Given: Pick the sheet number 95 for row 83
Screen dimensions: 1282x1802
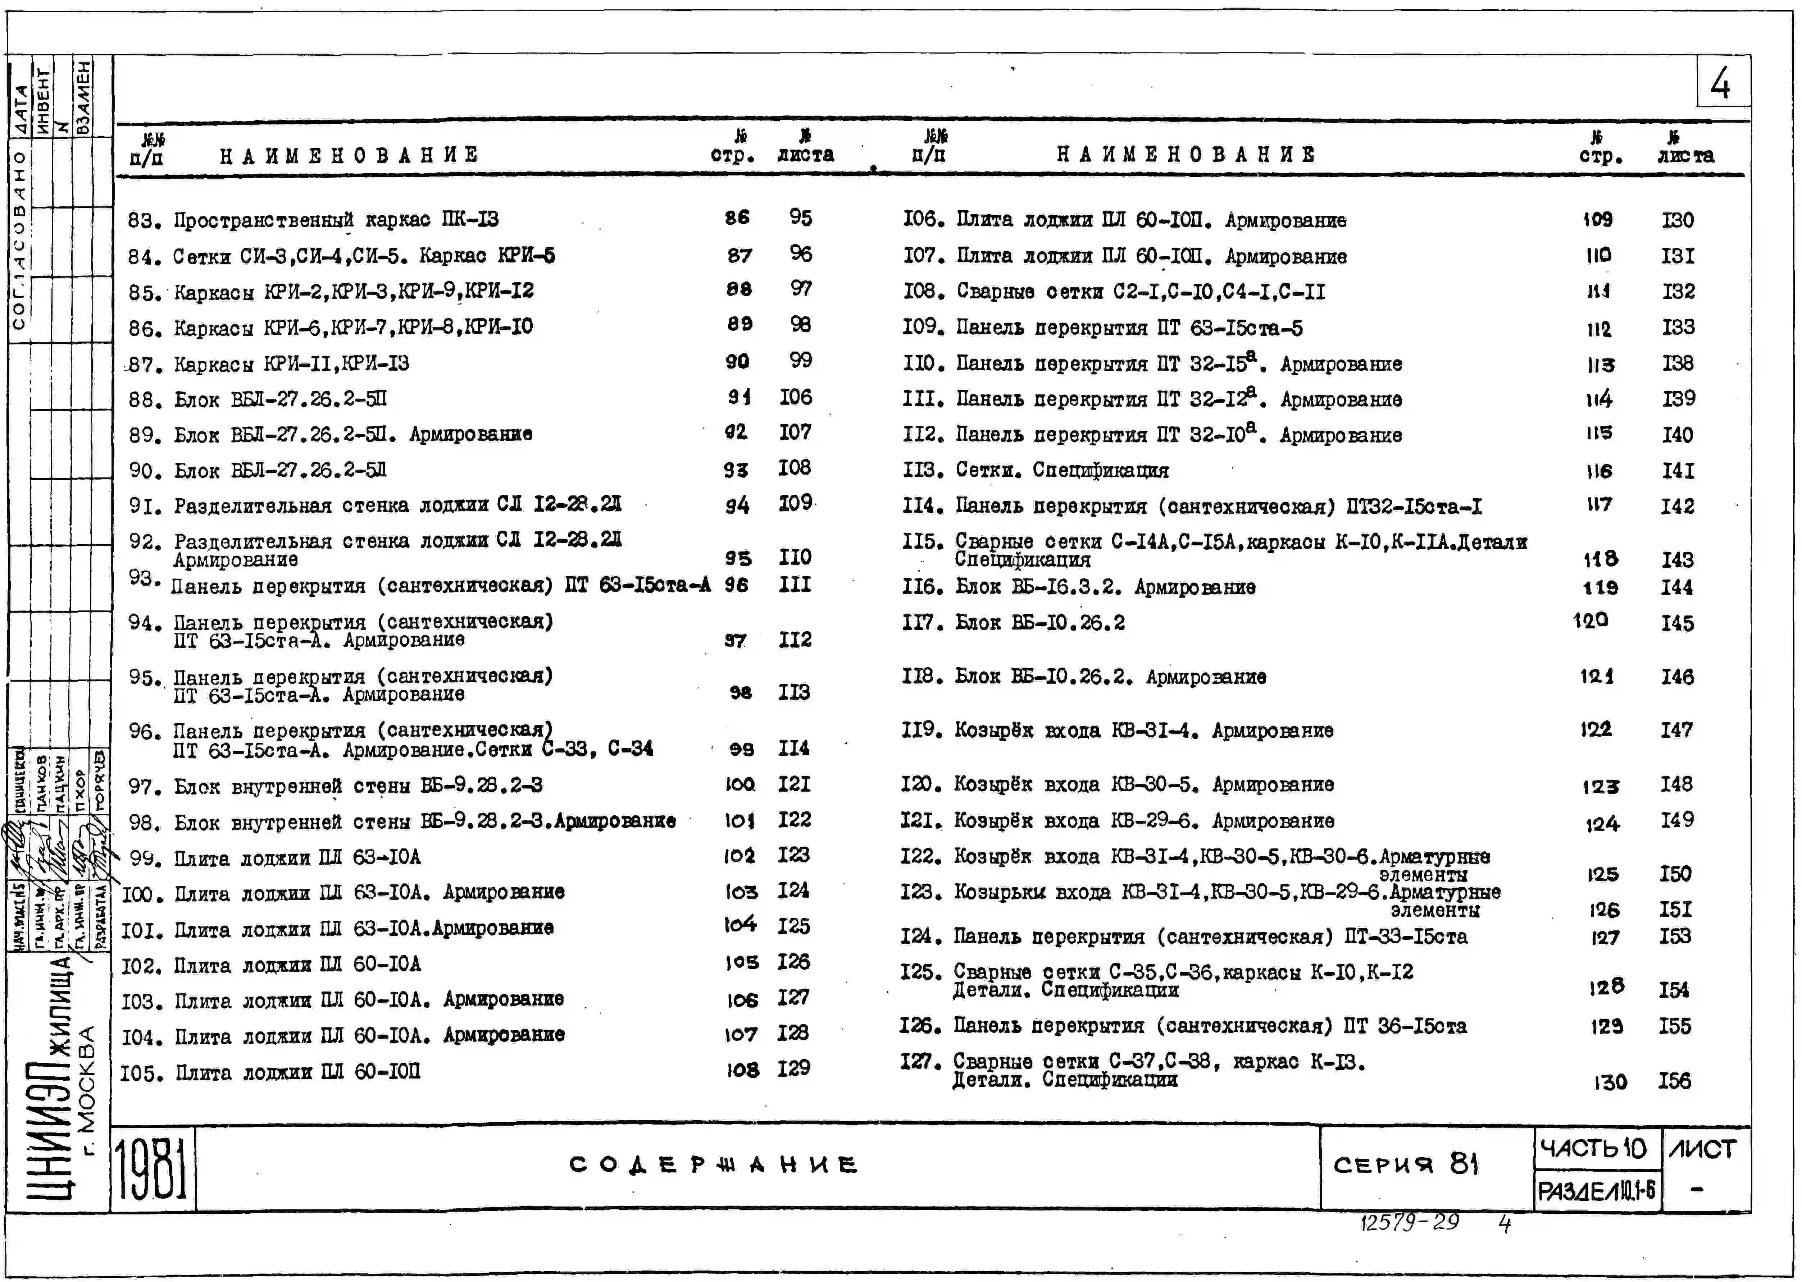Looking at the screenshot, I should pos(800,217).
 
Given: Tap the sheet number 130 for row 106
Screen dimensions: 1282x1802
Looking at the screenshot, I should pos(1677,220).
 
